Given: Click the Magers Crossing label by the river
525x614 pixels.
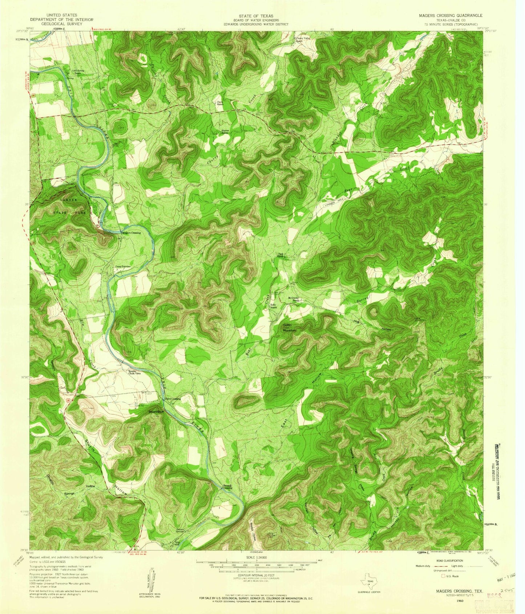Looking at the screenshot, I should click(131, 233).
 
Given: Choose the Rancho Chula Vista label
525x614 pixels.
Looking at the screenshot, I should click(133, 372).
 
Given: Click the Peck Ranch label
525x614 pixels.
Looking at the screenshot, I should click(280, 255).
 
